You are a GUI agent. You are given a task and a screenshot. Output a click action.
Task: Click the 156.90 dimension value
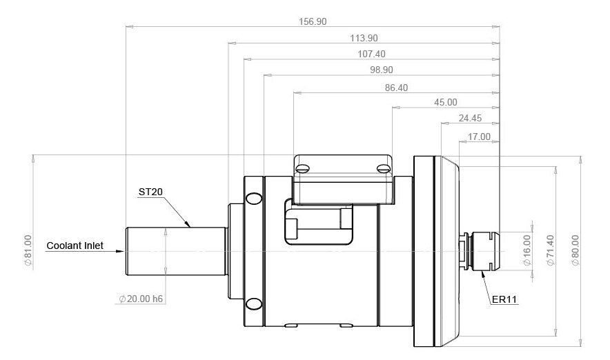coord(313,21)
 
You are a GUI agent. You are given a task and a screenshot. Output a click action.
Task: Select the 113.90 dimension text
coord(364,38)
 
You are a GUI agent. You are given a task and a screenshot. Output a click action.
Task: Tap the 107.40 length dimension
coord(371,54)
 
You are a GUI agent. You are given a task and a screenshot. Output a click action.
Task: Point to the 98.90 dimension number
coord(382,70)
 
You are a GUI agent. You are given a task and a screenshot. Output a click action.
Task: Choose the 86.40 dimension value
coord(396,88)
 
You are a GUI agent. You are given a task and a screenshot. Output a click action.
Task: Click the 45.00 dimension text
coord(446,102)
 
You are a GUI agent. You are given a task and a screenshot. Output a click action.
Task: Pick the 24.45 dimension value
coord(470,118)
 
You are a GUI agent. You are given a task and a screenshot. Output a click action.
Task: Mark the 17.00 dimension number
coord(479,137)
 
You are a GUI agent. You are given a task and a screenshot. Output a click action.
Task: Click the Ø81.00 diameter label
coord(28,250)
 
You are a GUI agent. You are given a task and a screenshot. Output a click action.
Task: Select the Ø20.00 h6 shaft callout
coord(141,299)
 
